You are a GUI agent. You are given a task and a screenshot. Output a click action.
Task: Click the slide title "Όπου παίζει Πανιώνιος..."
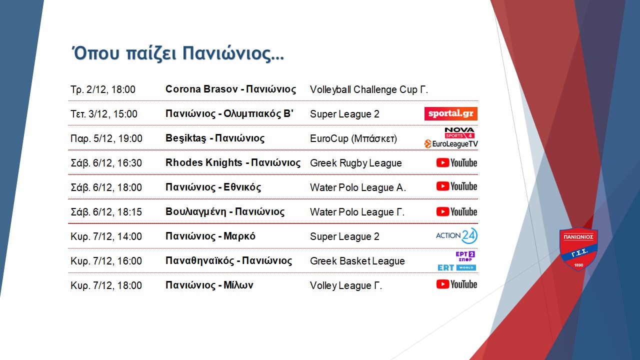(177, 53)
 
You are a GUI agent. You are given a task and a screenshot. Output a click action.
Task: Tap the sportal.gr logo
(451, 113)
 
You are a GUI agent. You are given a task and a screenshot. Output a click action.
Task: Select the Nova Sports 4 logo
(459, 133)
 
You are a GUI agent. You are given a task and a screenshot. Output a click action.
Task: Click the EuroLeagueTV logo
(451, 143)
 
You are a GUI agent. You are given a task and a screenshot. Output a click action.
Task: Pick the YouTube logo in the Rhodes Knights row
(456, 163)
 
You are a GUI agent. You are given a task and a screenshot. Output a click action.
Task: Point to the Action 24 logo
(456, 235)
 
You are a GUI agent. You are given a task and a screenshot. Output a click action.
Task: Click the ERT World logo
(457, 267)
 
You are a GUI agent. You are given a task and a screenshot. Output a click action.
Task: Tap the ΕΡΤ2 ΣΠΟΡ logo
(465, 256)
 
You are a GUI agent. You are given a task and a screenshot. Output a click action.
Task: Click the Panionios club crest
(578, 249)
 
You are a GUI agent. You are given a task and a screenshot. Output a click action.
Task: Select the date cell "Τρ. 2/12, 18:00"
(103, 89)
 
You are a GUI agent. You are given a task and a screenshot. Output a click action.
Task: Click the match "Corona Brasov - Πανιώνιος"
(230, 89)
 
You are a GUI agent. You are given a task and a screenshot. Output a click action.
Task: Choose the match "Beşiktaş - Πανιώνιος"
(215, 138)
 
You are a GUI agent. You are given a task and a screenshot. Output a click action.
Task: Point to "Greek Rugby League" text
(355, 163)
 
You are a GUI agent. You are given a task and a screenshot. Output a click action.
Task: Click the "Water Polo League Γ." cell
(357, 212)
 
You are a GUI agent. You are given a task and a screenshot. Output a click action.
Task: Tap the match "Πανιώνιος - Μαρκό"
(210, 236)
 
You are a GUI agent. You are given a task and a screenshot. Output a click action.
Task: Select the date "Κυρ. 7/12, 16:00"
(106, 261)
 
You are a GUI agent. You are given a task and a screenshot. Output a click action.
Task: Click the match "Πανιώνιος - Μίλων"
(209, 285)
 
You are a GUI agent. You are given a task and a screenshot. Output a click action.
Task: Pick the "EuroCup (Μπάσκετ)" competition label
(353, 138)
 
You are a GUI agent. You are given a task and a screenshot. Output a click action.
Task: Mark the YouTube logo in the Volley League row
(456, 284)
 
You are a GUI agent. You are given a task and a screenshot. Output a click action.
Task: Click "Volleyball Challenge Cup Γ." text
(369, 89)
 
